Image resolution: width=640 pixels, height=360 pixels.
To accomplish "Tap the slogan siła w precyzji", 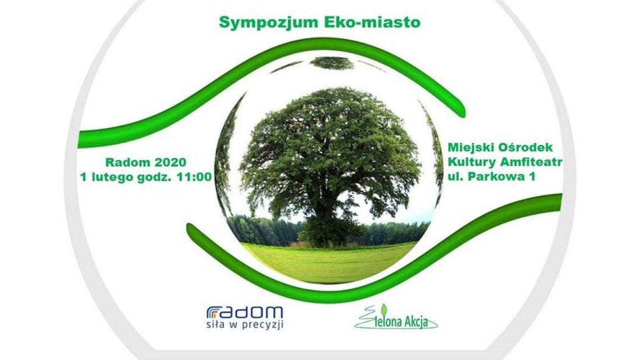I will point(245,326).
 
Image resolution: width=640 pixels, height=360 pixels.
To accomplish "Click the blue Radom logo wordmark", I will point(245,312).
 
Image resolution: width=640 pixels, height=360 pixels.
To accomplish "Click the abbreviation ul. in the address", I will point(457,177).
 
